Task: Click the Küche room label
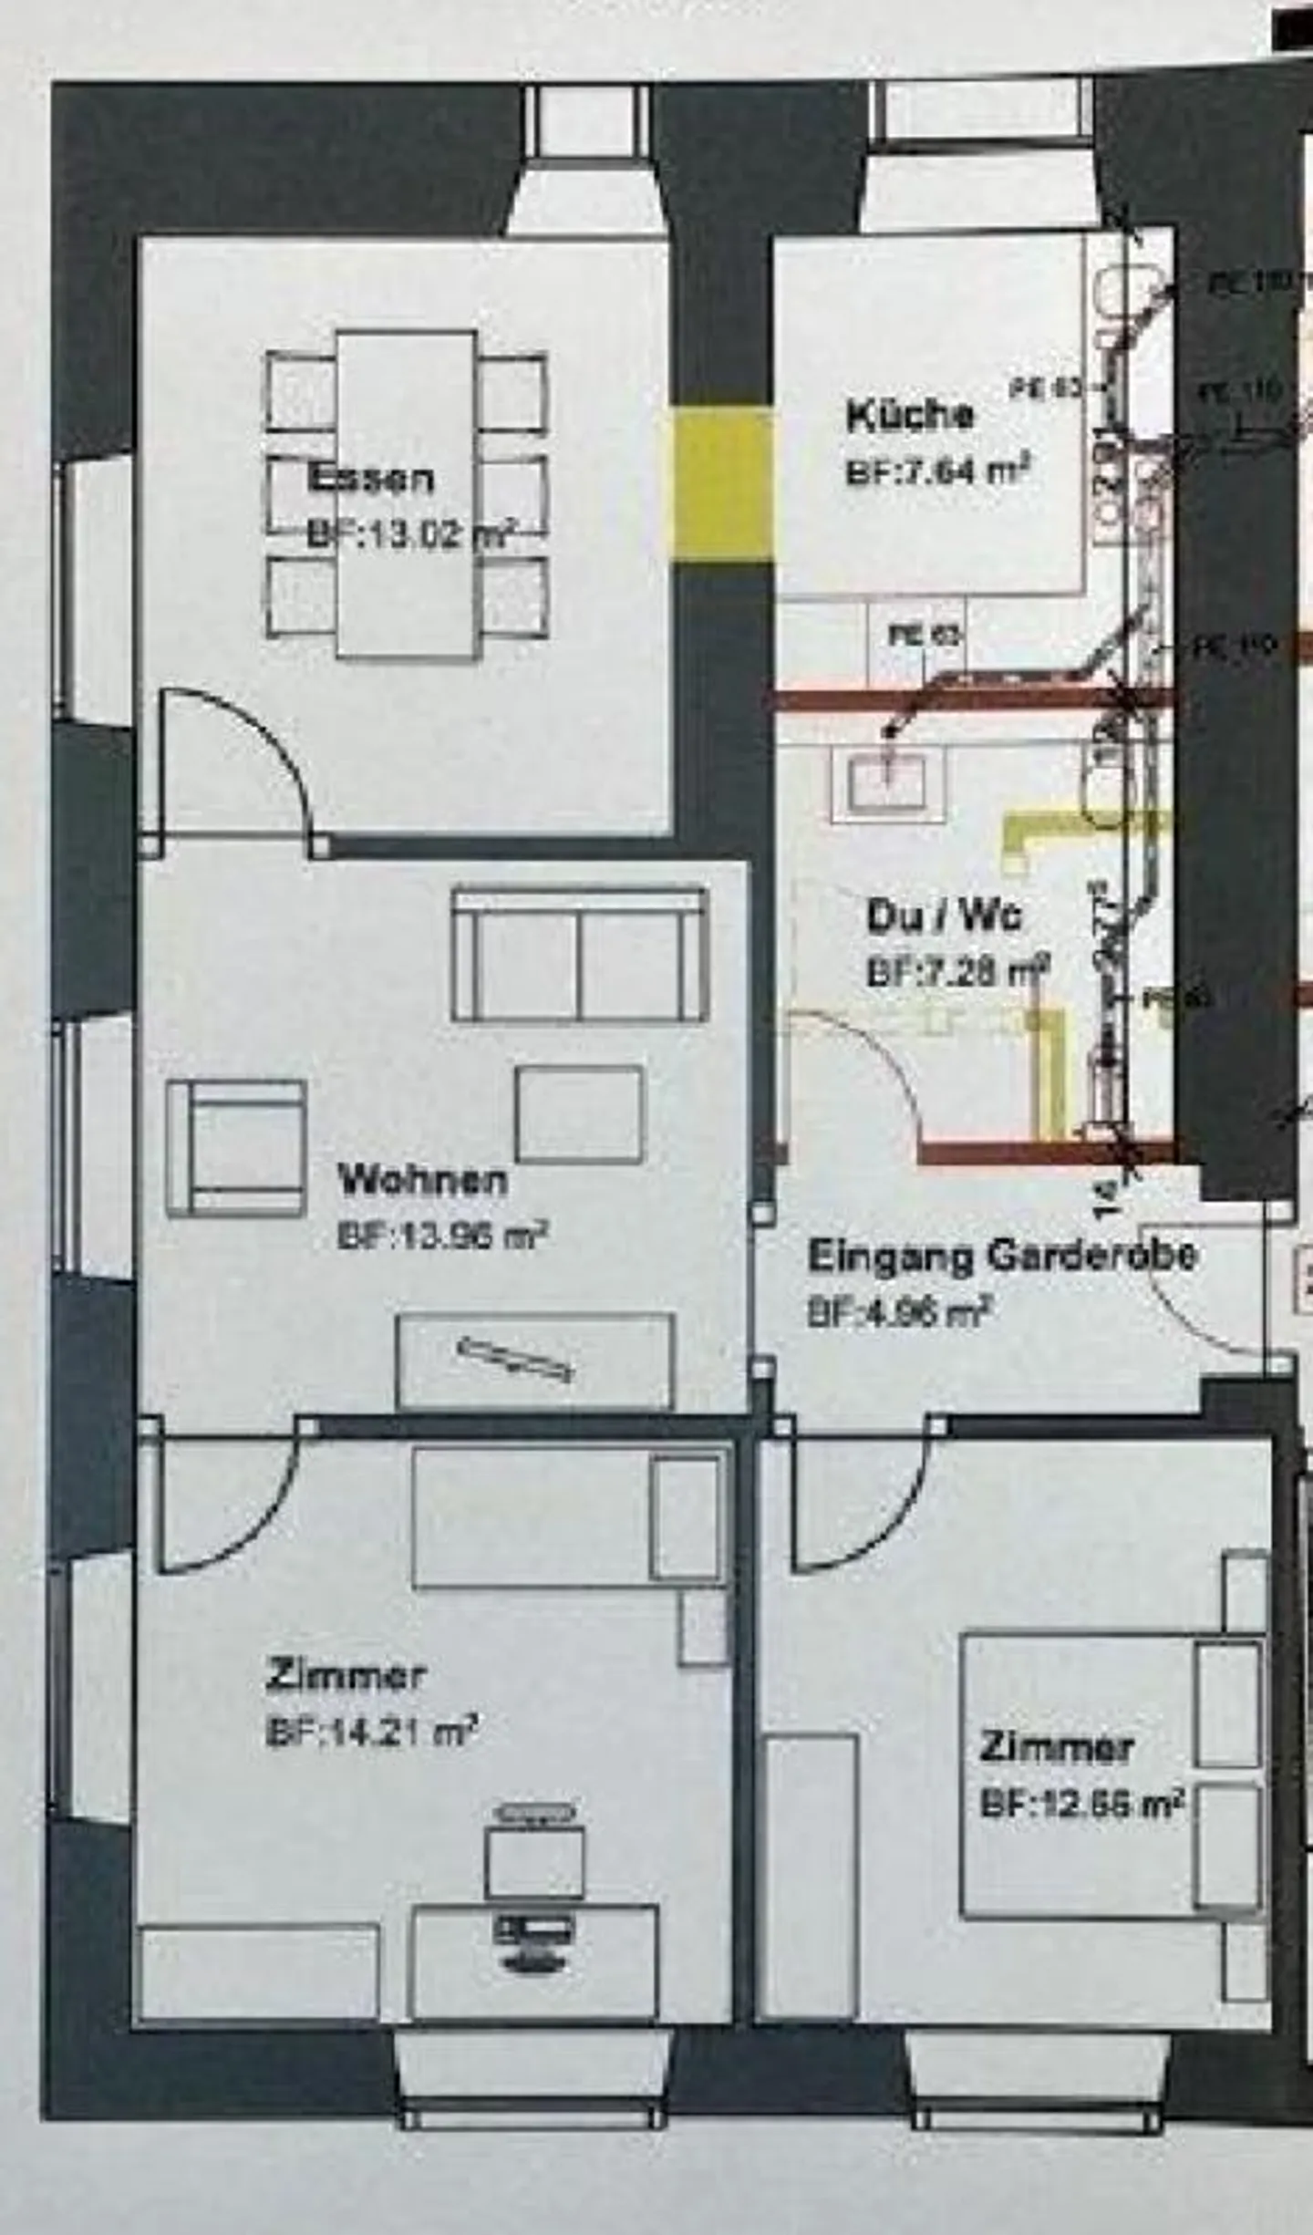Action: click(x=909, y=415)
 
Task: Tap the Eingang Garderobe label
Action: click(x=1001, y=1256)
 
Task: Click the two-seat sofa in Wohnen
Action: click(x=579, y=954)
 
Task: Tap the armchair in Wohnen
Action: click(x=236, y=1148)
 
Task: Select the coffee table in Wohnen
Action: click(x=578, y=1113)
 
